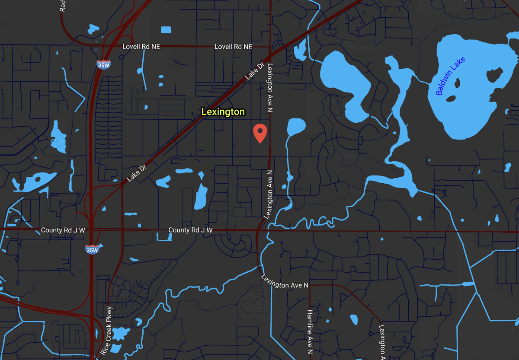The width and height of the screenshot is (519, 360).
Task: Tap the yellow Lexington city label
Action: pyautogui.click(x=223, y=112)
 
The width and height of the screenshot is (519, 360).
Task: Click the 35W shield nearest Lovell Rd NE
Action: pyautogui.click(x=103, y=65)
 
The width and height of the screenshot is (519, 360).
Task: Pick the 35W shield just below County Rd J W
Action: pyautogui.click(x=92, y=249)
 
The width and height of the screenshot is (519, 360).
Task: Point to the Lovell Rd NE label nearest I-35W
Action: pyautogui.click(x=141, y=46)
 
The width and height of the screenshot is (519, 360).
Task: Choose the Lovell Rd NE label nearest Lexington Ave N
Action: pyautogui.click(x=233, y=46)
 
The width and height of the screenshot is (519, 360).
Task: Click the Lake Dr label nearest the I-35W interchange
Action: pyautogui.click(x=137, y=172)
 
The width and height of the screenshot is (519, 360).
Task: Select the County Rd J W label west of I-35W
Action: pyautogui.click(x=63, y=230)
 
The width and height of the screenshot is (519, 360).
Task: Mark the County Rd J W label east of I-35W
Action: pyautogui.click(x=190, y=230)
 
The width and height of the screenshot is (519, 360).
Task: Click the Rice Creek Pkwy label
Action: pyautogui.click(x=106, y=331)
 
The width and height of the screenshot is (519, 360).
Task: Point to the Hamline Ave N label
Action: pyautogui.click(x=310, y=331)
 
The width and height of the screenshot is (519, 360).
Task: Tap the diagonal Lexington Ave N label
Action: pyautogui.click(x=285, y=281)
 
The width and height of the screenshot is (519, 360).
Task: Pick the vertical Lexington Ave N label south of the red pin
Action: pyautogui.click(x=270, y=194)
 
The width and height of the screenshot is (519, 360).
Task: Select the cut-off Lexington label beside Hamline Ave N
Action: pyautogui.click(x=382, y=341)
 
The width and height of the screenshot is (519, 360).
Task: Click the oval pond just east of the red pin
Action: pyautogui.click(x=296, y=127)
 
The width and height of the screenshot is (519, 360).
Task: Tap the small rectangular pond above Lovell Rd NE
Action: pyautogui.click(x=166, y=30)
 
